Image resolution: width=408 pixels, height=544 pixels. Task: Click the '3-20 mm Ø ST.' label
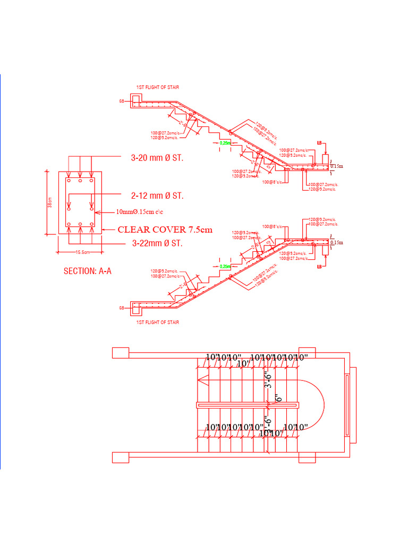(157, 158)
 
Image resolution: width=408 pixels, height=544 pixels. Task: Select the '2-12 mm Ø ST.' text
(157, 196)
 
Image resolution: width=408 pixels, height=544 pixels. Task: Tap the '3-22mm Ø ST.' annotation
(157, 244)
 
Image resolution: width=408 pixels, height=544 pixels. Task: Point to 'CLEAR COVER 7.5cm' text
(165, 230)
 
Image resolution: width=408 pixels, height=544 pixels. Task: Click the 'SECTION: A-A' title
(87, 271)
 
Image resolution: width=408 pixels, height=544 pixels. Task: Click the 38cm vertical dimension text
(50, 202)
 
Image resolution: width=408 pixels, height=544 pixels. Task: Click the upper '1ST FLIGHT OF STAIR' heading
(158, 87)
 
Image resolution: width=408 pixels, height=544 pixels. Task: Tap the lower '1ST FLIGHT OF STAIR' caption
(158, 322)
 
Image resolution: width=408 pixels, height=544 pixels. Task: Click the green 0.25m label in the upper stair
(225, 143)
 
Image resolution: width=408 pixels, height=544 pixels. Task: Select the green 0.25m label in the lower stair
(225, 266)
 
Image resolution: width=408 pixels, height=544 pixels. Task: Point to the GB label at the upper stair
(122, 100)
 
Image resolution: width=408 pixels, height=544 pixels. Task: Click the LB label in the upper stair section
(319, 143)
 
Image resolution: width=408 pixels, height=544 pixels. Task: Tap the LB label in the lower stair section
(319, 266)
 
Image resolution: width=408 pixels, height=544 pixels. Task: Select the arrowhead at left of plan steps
(202, 378)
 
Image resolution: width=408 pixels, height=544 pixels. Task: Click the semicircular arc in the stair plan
(321, 404)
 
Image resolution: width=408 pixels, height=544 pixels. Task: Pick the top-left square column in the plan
(121, 353)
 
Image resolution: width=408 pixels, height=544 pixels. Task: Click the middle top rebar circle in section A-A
(80, 181)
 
